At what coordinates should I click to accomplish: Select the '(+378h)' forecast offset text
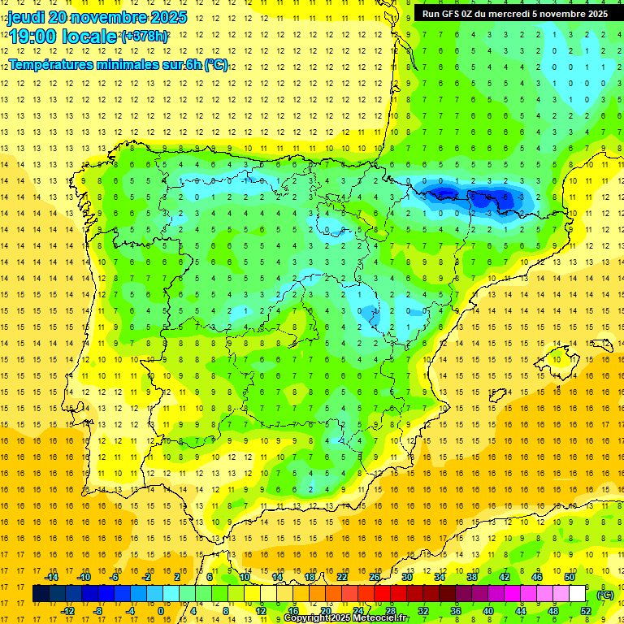[x=145, y=37]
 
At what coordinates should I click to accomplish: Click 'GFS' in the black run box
[x=458, y=13]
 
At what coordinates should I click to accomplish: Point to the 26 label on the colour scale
[x=375, y=576]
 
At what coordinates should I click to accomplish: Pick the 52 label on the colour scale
[x=586, y=611]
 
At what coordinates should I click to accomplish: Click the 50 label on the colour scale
[x=570, y=576]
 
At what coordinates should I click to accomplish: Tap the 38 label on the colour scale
[x=472, y=576]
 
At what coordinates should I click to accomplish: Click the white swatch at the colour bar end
[x=578, y=594]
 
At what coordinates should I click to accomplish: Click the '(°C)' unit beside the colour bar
[x=605, y=595]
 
